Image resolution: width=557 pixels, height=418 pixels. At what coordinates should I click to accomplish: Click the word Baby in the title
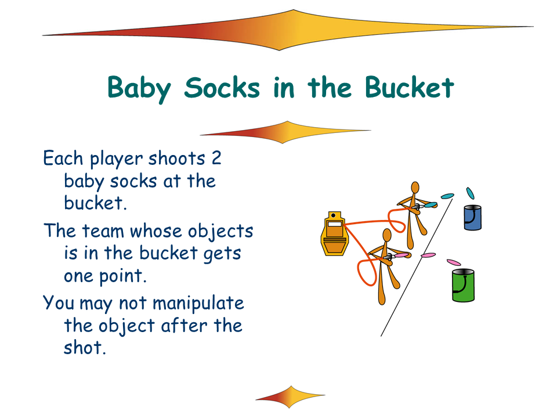[139, 88]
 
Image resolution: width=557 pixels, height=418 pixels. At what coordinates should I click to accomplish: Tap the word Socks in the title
[222, 88]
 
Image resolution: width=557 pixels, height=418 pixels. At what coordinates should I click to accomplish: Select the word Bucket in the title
[409, 87]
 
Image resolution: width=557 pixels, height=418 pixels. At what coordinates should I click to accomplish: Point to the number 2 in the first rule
[216, 158]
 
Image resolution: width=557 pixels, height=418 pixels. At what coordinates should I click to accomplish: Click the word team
[103, 231]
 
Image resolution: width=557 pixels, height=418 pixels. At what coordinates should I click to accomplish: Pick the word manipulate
[198, 303]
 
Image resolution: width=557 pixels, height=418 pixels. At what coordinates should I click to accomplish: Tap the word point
[122, 276]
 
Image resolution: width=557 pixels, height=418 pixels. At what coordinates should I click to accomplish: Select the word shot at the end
[85, 347]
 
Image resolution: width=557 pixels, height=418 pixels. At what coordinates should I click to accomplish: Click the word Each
[63, 158]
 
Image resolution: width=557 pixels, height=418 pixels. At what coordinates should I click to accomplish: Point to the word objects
[220, 232]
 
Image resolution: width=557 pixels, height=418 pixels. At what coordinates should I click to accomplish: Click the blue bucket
[472, 218]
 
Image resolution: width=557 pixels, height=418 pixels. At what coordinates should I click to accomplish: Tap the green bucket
[463, 286]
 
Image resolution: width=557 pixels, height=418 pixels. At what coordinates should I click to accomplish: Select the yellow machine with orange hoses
[334, 234]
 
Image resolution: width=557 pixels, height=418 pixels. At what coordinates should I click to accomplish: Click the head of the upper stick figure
[415, 188]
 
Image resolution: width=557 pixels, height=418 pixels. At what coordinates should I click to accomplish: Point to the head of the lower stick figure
[387, 235]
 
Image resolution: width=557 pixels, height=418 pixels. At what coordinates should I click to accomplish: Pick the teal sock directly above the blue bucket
[470, 193]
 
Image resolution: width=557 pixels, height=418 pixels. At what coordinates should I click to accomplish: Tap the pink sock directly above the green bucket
[454, 262]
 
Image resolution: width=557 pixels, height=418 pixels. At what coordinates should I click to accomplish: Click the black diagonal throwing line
[417, 267]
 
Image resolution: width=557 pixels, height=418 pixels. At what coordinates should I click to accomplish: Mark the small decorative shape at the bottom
[290, 397]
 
